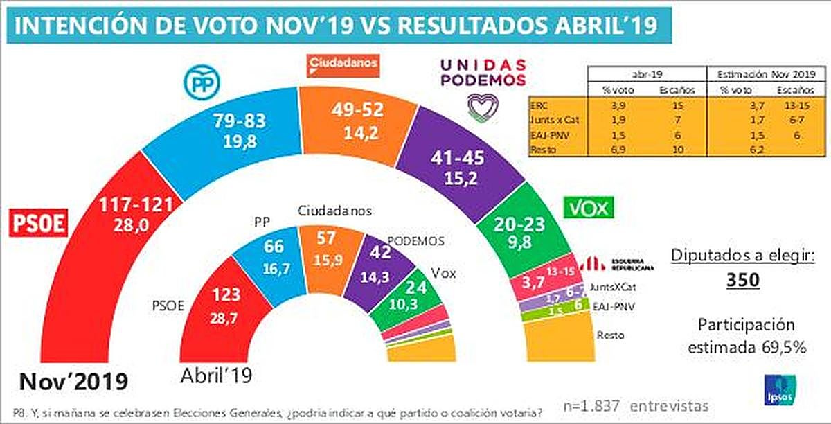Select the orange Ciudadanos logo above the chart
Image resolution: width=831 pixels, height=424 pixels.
[x=343, y=64]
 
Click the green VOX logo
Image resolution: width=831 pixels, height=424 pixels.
[x=590, y=206]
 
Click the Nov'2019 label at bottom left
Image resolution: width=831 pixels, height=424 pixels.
[x=74, y=381]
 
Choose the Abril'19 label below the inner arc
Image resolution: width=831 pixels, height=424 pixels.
[x=216, y=376]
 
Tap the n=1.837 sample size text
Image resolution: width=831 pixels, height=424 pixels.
[x=591, y=405]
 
